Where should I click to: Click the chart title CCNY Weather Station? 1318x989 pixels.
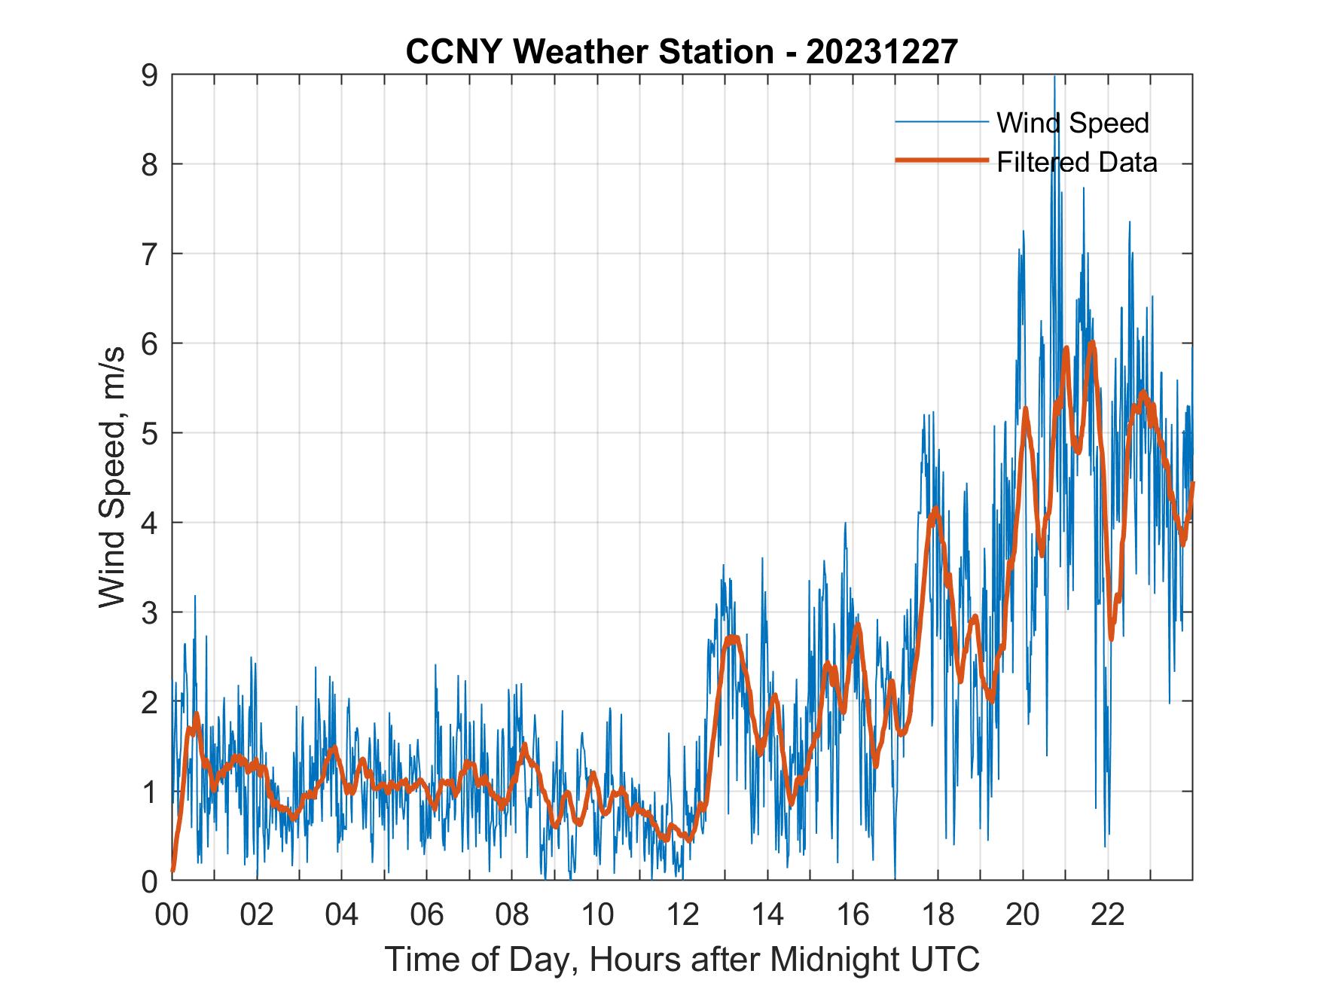(682, 52)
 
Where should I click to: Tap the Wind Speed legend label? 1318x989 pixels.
(1072, 123)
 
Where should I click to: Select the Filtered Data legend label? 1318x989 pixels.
(1076, 162)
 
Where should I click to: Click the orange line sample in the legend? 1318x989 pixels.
(941, 160)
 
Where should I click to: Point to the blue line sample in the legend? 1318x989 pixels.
(941, 122)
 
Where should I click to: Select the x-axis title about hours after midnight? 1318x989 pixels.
(682, 959)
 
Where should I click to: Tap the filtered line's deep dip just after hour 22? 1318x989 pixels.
(1111, 638)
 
